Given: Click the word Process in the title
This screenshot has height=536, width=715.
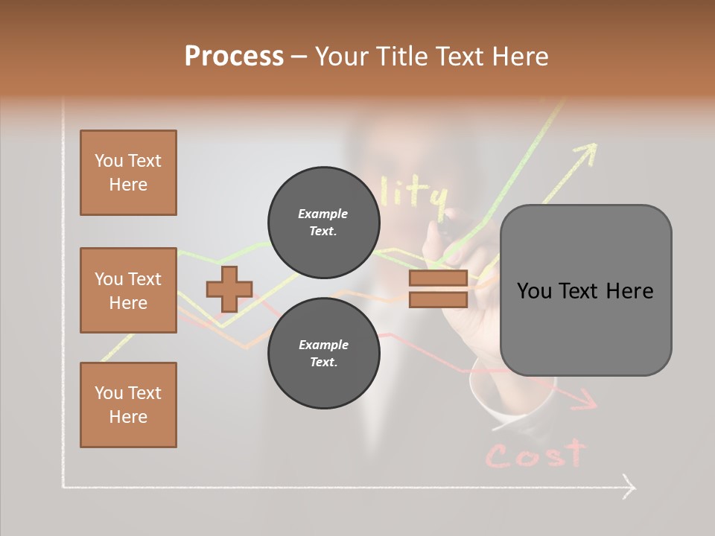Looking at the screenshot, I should [x=234, y=57].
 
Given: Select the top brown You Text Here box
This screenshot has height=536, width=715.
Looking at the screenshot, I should [x=128, y=173].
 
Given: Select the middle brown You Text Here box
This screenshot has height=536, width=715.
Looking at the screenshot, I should [x=128, y=290].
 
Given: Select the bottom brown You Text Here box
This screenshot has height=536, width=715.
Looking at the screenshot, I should [x=128, y=404].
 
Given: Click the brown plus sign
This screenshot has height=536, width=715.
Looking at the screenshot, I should [x=229, y=289].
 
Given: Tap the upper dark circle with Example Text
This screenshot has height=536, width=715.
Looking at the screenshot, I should [x=323, y=222].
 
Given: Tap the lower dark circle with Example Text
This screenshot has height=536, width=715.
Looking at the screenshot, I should [x=323, y=353].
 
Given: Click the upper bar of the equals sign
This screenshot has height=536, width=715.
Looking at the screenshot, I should [x=438, y=278].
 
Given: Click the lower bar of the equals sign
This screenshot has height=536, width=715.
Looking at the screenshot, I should [x=438, y=299].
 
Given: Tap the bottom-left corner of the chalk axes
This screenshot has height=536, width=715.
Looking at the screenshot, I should [x=63, y=488].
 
